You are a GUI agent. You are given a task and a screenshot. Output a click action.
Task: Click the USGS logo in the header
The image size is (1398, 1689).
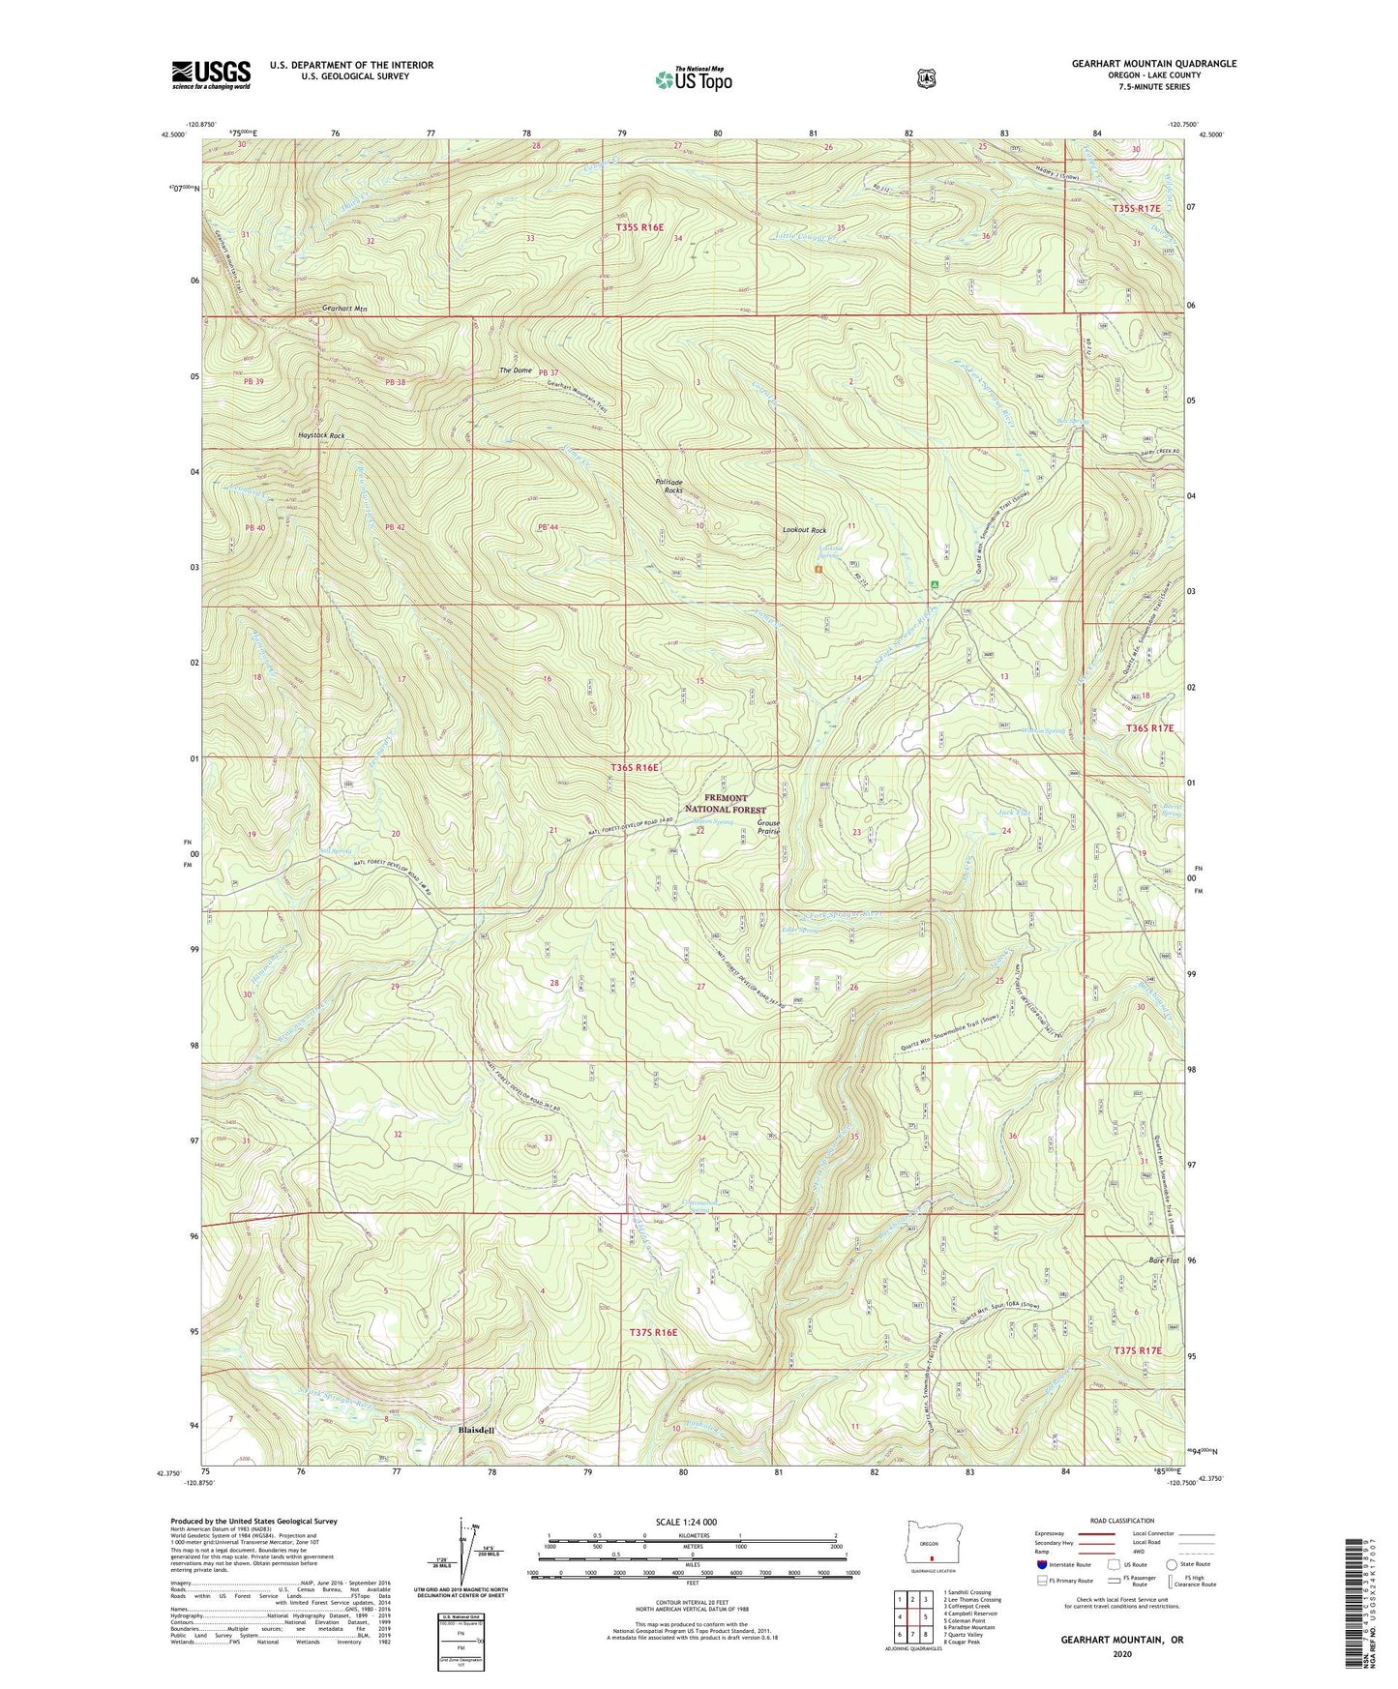211,74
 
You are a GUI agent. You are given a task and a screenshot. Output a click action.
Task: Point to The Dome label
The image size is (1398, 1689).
516,371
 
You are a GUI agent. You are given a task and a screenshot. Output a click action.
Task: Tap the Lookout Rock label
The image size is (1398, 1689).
804,530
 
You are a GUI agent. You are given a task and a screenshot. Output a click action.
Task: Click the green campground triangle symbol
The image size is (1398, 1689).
935,585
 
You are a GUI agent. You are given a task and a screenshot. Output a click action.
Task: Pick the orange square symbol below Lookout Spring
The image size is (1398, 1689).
818,570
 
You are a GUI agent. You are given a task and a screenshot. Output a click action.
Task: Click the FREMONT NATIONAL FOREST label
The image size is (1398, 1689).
725,804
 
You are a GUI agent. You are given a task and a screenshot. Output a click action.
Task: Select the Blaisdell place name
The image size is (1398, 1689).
476,1430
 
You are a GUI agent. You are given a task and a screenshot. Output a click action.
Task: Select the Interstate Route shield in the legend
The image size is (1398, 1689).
1041,1564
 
